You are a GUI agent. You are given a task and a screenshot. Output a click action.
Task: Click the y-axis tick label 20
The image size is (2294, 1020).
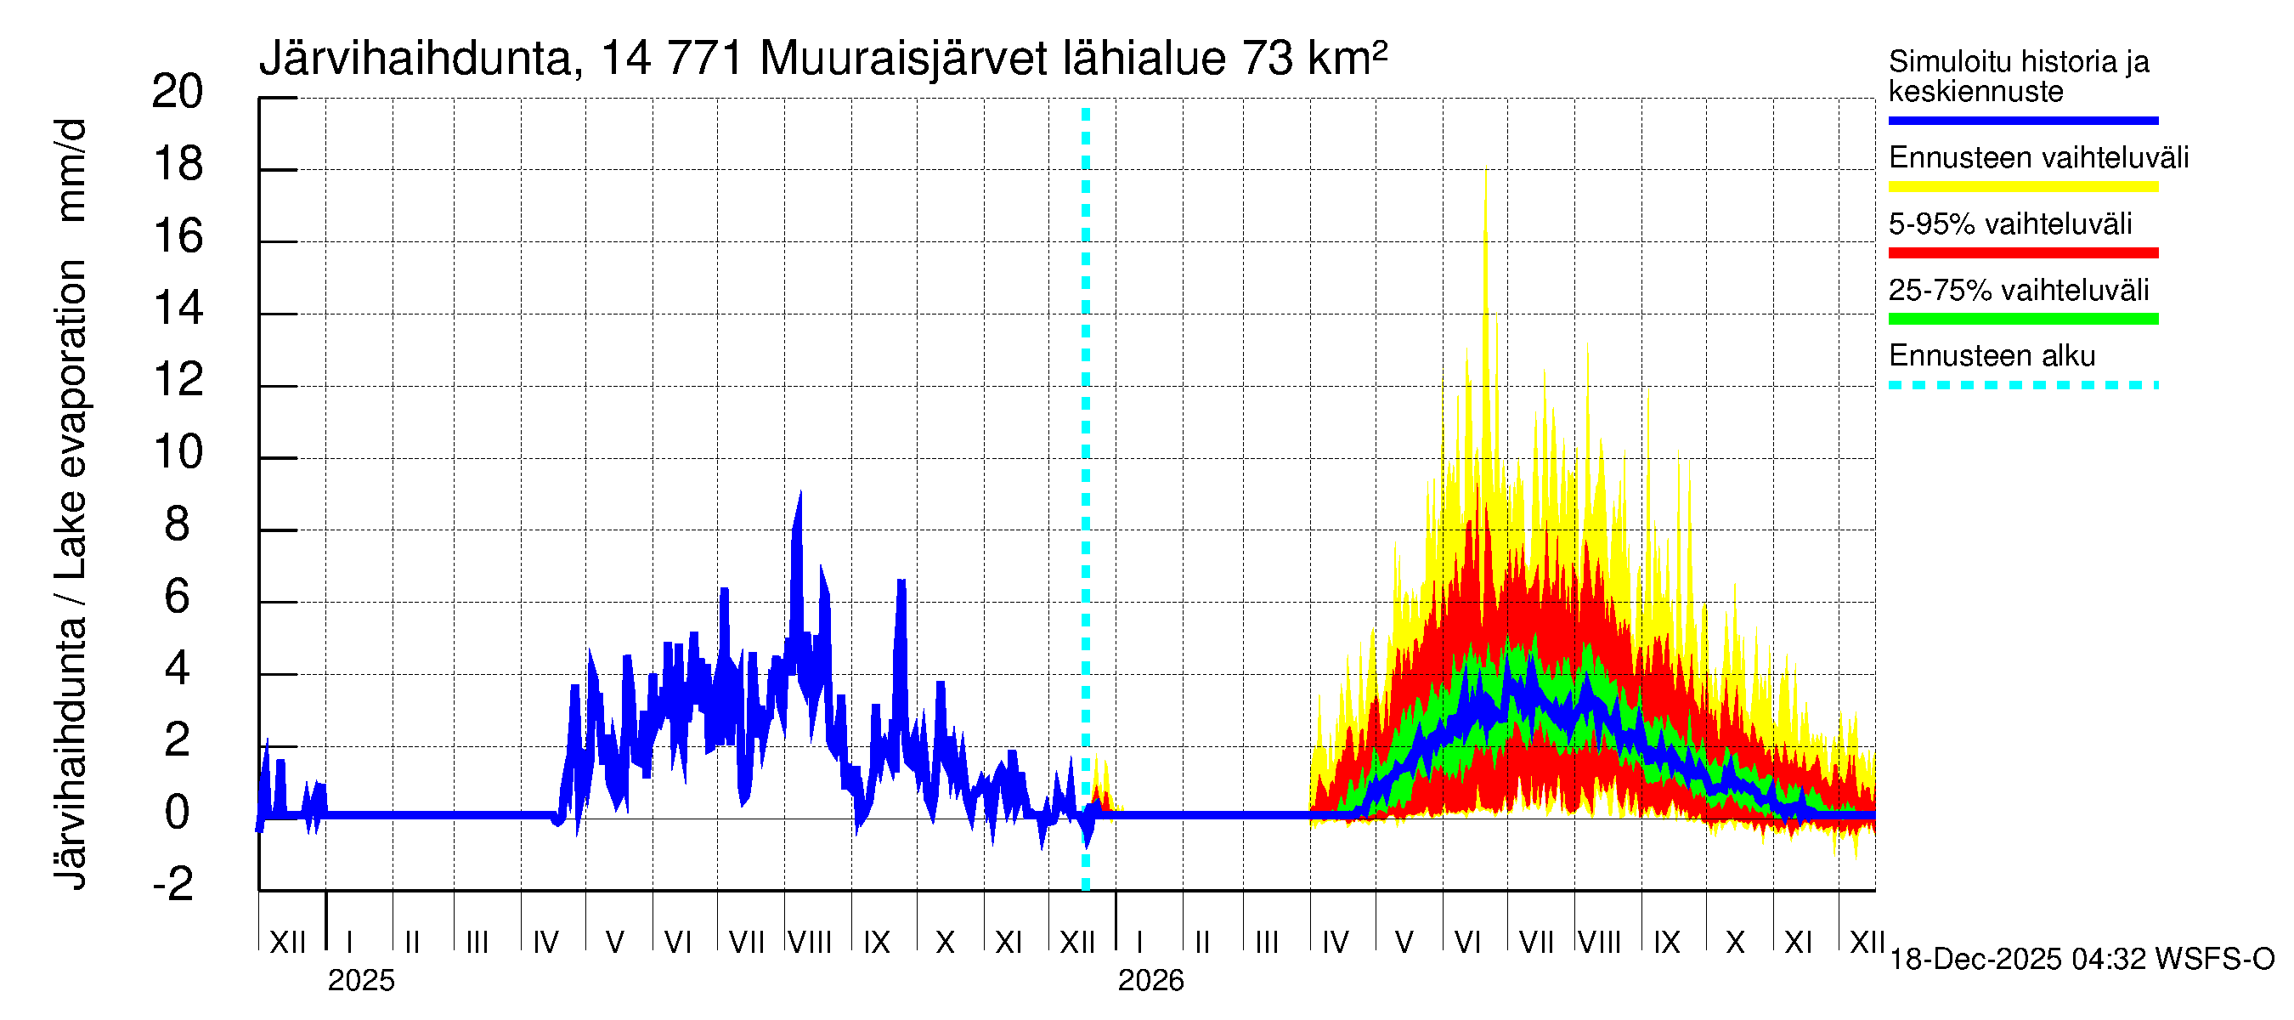click(178, 92)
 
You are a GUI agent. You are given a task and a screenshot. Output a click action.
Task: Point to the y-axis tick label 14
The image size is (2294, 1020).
click(178, 309)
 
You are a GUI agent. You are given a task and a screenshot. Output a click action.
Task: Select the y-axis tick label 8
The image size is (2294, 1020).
click(178, 524)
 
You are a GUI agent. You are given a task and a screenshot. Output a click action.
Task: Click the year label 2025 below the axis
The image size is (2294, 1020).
click(360, 980)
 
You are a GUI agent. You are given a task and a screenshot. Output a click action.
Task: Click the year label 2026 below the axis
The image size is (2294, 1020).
click(1150, 980)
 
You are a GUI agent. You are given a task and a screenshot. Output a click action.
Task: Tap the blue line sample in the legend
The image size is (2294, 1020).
click(2022, 120)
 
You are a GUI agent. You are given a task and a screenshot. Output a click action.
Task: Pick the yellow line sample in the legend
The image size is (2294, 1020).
click(2022, 186)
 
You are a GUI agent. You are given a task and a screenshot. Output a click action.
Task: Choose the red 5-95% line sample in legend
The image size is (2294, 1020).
click(2022, 253)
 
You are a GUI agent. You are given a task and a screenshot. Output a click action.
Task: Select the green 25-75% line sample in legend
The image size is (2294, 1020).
click(2022, 319)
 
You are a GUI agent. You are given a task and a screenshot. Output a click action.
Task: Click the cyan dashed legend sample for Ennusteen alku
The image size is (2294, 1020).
click(2022, 385)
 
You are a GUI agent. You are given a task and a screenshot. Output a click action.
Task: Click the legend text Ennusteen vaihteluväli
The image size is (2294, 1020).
click(2037, 158)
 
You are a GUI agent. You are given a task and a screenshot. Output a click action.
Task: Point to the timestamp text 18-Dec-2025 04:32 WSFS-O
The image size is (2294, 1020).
click(2081, 959)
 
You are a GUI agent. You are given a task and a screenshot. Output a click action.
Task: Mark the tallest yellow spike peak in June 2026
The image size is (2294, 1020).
click(1485, 171)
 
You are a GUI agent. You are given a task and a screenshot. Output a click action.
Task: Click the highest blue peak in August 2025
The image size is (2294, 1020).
click(800, 493)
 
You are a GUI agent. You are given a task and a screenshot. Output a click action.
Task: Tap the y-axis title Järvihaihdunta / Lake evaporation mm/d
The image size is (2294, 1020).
click(71, 503)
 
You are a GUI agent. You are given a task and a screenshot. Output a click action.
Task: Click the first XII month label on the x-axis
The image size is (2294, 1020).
click(287, 942)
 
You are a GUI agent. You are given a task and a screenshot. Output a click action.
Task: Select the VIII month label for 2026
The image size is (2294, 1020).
click(1599, 942)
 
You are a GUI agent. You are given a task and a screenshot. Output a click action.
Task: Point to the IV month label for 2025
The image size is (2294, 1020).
click(545, 942)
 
